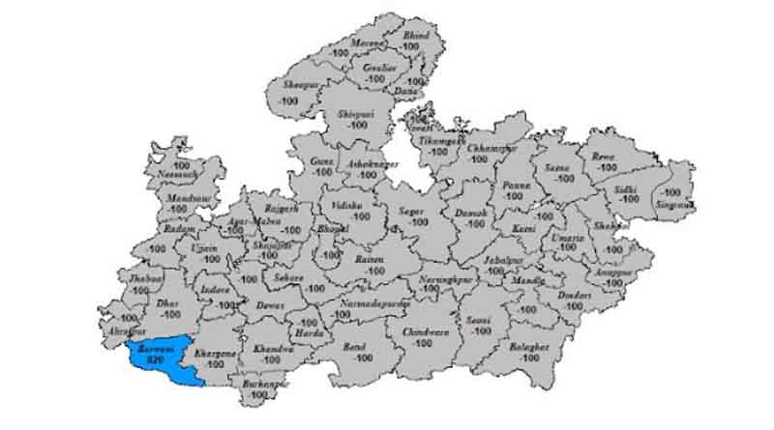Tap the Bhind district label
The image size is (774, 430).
point(417,35)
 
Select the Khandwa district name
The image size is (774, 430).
point(273,349)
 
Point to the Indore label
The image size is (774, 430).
point(215,289)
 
